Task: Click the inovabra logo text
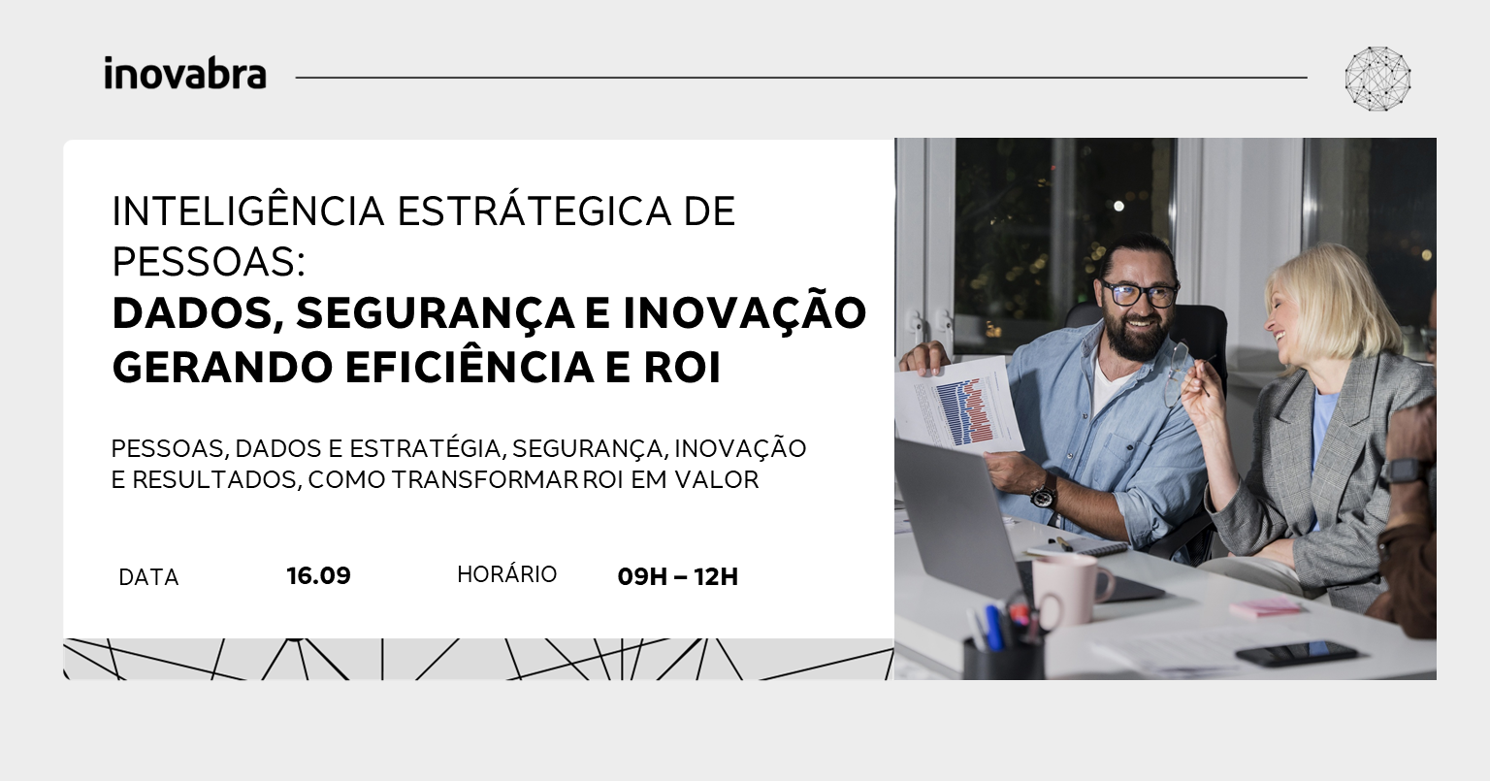coord(185,73)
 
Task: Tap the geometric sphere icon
coord(1377,79)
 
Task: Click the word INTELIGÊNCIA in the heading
coord(248,211)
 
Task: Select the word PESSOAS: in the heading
coord(209,262)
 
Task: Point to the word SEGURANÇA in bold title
coord(435,312)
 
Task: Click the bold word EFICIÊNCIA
coord(470,368)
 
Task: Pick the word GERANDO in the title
coord(222,368)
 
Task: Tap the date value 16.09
coord(318,575)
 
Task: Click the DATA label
coord(148,577)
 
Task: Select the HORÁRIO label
coord(507,574)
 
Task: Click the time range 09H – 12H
coord(678,576)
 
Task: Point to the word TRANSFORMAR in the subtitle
coord(485,479)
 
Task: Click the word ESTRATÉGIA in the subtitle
coord(424,448)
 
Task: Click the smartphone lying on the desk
coord(1295,653)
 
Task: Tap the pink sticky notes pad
coord(1265,607)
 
